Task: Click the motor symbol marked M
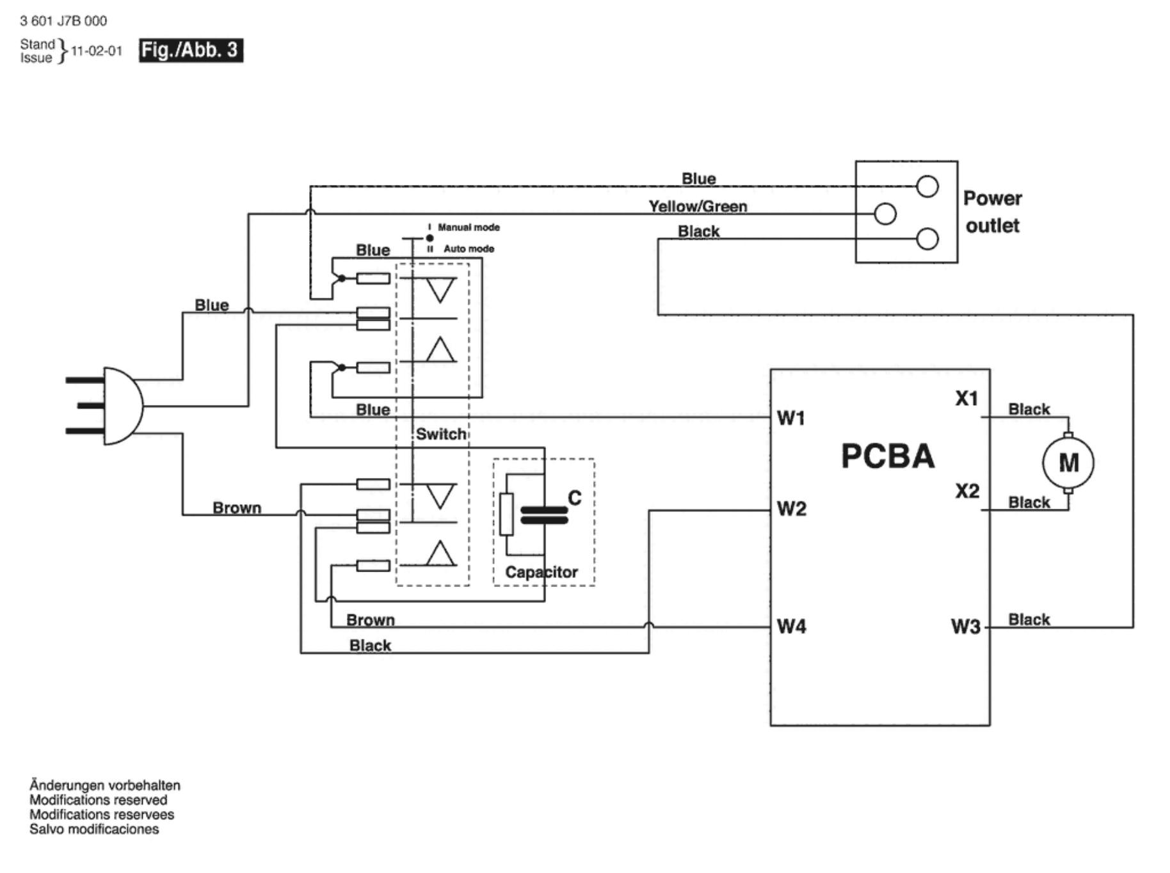point(1068,462)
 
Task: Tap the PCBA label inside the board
point(887,456)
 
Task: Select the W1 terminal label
point(790,418)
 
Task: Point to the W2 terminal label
point(791,509)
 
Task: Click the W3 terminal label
point(965,626)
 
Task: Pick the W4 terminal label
point(791,626)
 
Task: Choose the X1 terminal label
point(966,399)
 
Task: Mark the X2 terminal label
point(967,491)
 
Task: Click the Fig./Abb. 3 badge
point(191,50)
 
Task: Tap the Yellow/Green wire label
point(698,206)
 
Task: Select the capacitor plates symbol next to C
point(544,515)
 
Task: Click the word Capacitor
point(541,572)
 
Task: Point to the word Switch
point(441,434)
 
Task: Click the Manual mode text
point(469,227)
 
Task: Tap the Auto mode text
point(469,248)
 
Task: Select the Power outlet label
point(992,212)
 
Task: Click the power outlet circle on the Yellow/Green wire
point(885,214)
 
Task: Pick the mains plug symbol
point(112,406)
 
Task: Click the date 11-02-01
point(96,51)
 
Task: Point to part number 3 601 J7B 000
point(63,21)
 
